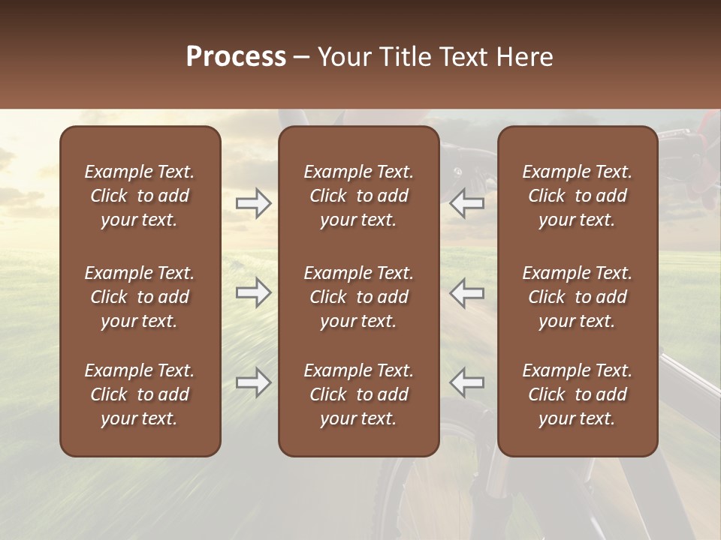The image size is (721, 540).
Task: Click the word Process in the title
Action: pos(236,57)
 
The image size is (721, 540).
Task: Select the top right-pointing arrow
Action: pos(253,203)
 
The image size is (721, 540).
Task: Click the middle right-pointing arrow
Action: pos(253,292)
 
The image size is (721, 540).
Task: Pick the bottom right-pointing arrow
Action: pos(253,382)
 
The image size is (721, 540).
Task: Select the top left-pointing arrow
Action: pos(467,203)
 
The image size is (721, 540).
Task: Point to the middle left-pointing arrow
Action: pos(467,292)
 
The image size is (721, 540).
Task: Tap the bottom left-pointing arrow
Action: pos(467,382)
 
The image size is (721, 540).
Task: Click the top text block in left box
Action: pos(140,196)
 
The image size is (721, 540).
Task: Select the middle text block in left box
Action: pos(140,297)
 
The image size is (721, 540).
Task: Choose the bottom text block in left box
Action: pos(140,394)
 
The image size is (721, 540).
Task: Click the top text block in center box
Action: pos(358,196)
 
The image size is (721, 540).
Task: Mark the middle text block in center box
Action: pos(358,297)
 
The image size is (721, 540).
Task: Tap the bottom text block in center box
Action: pos(358,394)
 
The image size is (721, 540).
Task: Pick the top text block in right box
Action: pos(577,196)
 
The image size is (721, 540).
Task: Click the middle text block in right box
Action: pos(577,297)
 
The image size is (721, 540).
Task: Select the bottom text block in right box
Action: pos(577,394)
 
